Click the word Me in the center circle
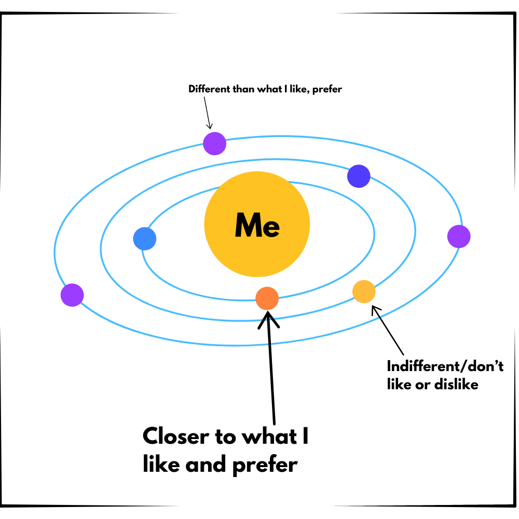pos(257,225)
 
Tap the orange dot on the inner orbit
pos(267,298)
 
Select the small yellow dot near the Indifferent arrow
pos(364,291)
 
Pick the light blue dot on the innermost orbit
pos(145,239)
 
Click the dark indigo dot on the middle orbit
pos(359,176)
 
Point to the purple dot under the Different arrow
pos(214,143)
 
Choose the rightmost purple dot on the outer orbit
pos(459,237)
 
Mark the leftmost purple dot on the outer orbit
pos(72,295)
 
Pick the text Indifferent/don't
pos(445,366)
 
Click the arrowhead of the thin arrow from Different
pos(210,126)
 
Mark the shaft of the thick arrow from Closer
pos(272,374)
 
